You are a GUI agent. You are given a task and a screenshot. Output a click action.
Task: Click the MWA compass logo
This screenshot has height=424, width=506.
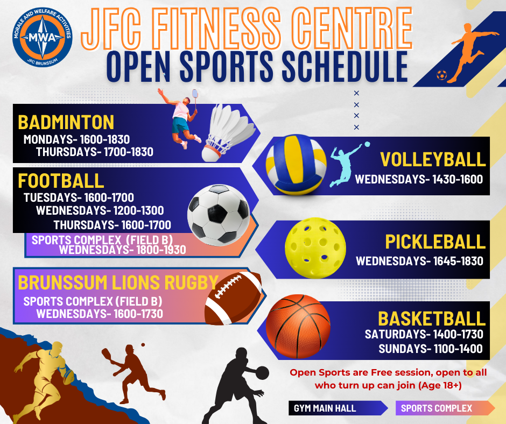click(x=43, y=37)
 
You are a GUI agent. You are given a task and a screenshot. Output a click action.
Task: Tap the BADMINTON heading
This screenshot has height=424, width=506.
click(x=66, y=122)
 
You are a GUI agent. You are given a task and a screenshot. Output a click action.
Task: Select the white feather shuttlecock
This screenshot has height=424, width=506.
click(x=227, y=133)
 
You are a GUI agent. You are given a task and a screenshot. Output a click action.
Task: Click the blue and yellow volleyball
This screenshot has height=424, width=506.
click(x=296, y=165)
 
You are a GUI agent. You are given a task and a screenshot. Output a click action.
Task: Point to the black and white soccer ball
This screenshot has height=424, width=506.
click(x=219, y=214)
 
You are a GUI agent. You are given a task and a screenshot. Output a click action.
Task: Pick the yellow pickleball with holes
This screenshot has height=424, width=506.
click(x=315, y=248)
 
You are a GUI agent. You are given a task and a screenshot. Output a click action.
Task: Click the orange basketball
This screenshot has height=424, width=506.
click(x=298, y=326)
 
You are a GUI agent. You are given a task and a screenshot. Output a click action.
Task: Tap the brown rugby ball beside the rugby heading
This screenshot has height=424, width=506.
click(x=233, y=298)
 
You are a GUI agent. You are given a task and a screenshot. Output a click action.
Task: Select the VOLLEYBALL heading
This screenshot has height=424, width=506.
click(x=433, y=159)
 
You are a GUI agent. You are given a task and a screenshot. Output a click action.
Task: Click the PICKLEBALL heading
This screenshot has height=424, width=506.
click(x=435, y=242)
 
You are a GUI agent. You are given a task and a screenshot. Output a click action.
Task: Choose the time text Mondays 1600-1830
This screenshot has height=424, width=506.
click(x=76, y=139)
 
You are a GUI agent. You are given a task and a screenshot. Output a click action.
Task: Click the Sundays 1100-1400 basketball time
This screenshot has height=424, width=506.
click(x=431, y=349)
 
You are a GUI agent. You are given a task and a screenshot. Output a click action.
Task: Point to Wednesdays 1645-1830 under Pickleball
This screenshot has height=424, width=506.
click(x=419, y=261)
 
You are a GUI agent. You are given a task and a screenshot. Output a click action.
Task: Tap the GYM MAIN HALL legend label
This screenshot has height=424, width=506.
click(x=325, y=408)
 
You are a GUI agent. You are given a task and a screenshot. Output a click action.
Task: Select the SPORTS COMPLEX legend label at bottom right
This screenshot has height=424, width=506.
click(x=437, y=408)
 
